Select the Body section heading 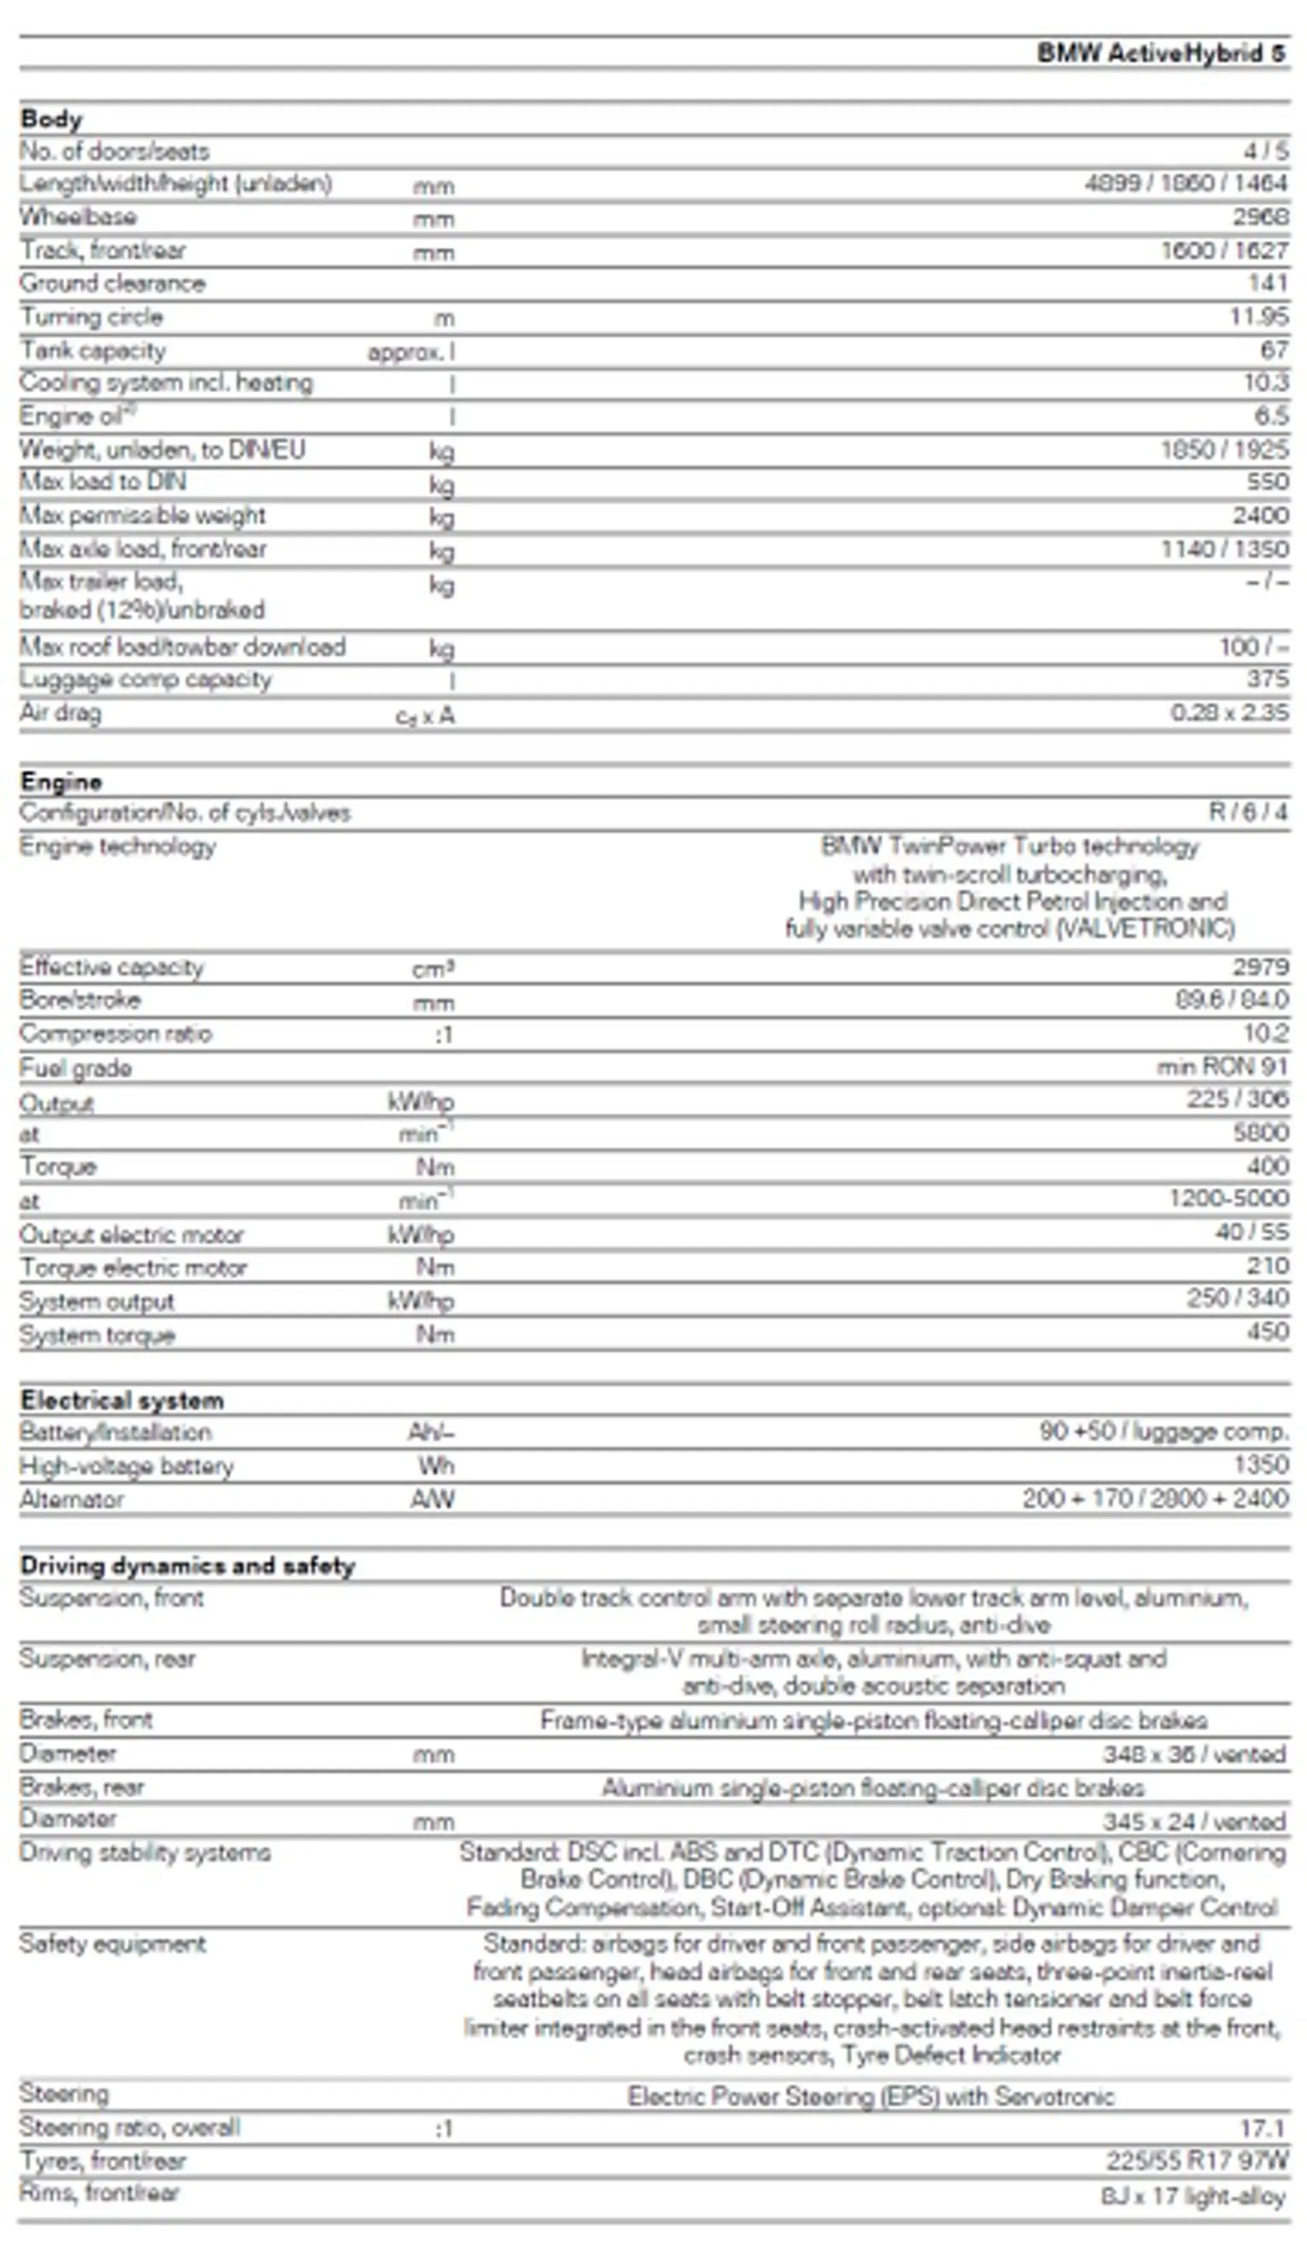51,118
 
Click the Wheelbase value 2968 1260,217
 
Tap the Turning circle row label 91,317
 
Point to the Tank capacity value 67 1274,350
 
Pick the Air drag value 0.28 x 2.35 1229,712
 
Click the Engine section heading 61,781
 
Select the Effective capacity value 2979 1260,967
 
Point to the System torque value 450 1267,1332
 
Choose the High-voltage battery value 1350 1260,1465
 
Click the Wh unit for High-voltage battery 436,1466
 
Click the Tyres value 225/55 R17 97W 1197,2160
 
